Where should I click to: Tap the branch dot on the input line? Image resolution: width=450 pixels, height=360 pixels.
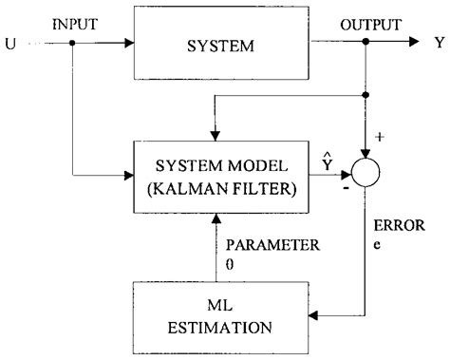[x=72, y=43]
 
